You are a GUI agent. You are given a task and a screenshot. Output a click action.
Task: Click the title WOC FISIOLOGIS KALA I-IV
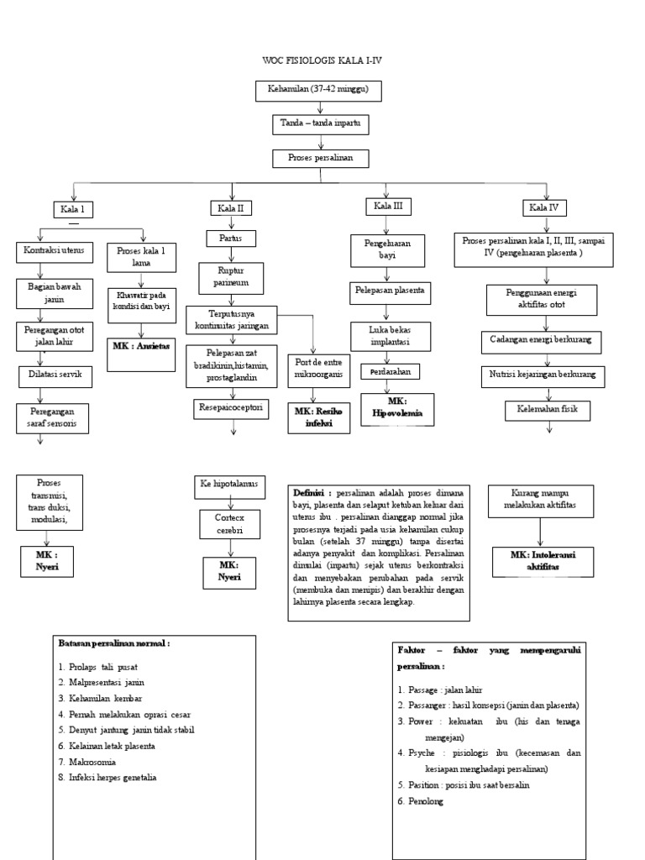322,61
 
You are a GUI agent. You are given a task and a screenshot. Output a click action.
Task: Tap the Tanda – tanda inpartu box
319,124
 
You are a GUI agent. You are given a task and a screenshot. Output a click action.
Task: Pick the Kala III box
387,206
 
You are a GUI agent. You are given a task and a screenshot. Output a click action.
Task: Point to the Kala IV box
543,207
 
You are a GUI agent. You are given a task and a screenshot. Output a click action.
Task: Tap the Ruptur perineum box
231,277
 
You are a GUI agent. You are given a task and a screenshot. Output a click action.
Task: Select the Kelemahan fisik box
547,411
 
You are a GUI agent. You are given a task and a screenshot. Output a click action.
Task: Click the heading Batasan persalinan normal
113,643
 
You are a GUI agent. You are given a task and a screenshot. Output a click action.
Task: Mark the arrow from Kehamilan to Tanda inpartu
319,107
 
